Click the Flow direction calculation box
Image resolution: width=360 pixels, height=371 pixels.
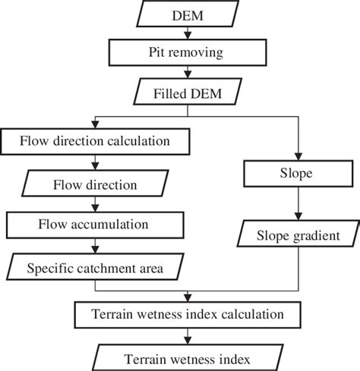pos(94,141)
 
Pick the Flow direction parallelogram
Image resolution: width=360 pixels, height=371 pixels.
pos(94,184)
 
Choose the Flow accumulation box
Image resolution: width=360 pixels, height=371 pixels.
pos(94,225)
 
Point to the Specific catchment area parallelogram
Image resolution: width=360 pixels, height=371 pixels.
pos(94,268)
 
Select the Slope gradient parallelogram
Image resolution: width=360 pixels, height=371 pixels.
pos(298,235)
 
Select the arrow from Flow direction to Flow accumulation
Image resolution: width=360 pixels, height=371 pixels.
pos(94,203)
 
